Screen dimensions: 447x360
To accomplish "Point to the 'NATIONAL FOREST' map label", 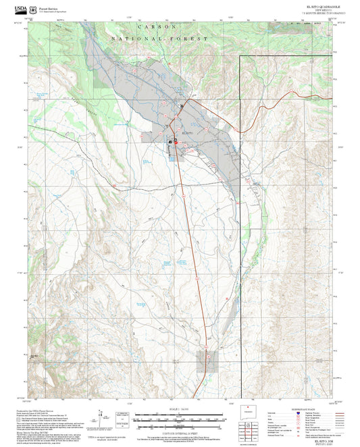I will (x=160, y=40).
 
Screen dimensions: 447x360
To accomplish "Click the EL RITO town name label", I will (x=190, y=134).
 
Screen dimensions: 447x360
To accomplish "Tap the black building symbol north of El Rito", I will (x=181, y=106).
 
